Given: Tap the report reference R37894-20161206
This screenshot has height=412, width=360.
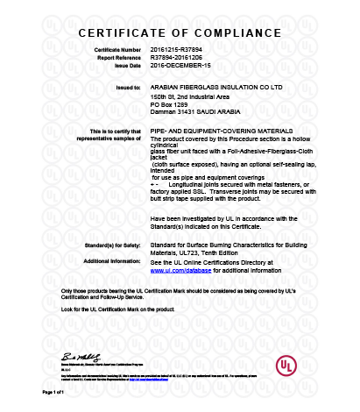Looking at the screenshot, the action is tap(176, 58).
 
